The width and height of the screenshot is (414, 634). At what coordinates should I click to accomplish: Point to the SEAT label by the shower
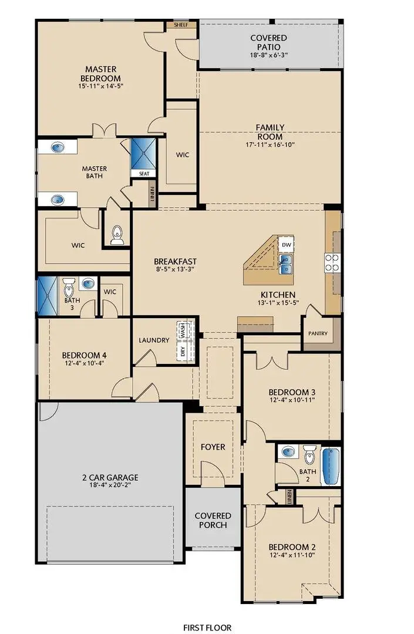pyautogui.click(x=144, y=174)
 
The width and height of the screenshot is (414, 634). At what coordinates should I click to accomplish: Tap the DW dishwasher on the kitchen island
pyautogui.click(x=287, y=245)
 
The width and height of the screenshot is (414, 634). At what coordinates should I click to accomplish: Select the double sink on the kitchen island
pyautogui.click(x=287, y=264)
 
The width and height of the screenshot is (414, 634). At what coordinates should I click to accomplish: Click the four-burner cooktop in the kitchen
pyautogui.click(x=332, y=262)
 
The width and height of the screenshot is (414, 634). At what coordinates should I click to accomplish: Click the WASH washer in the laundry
pyautogui.click(x=183, y=331)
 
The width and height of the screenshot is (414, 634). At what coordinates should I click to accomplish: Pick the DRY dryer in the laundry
pyautogui.click(x=183, y=352)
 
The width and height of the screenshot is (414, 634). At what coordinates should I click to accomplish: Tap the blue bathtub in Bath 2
pyautogui.click(x=331, y=465)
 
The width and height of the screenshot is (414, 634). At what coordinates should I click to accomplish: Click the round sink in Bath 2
pyautogui.click(x=288, y=452)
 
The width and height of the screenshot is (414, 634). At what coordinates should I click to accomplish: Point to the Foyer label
pyautogui.click(x=213, y=447)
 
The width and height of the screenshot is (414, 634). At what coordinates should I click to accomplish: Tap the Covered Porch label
pyautogui.click(x=213, y=520)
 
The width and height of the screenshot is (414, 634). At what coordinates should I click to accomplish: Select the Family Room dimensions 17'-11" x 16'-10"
pyautogui.click(x=270, y=144)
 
